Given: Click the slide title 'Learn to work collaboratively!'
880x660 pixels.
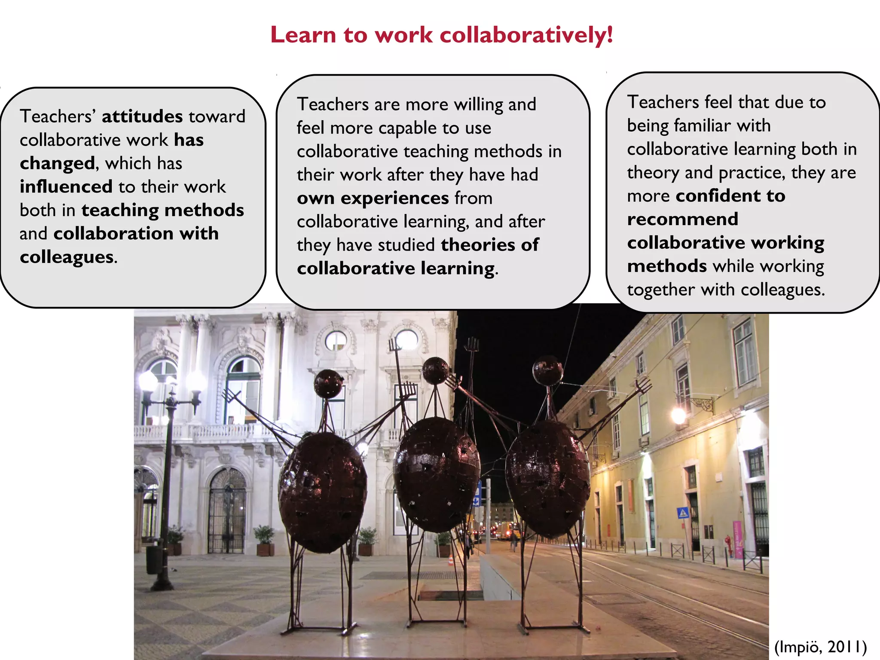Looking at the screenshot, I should click(441, 35).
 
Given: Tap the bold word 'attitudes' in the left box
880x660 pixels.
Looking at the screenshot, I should click(142, 116).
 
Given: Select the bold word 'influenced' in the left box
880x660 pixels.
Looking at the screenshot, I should click(66, 187).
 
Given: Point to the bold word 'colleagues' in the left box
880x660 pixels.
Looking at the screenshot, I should click(67, 257).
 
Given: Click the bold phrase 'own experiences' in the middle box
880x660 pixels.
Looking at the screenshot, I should click(373, 198).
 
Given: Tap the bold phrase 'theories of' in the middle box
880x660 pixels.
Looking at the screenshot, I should click(490, 245).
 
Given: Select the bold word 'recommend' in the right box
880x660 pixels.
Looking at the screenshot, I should click(683, 219).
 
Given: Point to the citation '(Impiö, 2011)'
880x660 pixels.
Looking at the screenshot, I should click(820, 647).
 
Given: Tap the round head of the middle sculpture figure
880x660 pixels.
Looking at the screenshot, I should click(435, 370).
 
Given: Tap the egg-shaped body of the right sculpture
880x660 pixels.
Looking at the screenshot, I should click(547, 477).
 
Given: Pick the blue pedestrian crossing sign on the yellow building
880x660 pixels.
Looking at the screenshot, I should click(682, 512).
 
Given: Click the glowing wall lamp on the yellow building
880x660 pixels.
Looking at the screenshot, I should click(678, 416).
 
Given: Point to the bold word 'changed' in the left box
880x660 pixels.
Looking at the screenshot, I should click(57, 163).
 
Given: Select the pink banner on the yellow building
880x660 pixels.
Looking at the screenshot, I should click(737, 539).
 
